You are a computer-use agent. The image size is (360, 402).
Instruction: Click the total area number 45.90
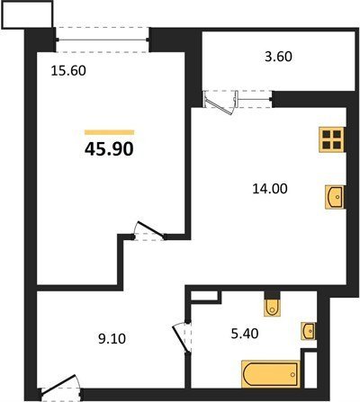109,149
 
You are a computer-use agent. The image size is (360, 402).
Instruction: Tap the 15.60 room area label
68,71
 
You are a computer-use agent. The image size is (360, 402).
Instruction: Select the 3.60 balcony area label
278,57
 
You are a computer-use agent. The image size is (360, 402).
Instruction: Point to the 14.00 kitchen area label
270,189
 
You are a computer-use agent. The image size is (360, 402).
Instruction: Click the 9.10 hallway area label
112,339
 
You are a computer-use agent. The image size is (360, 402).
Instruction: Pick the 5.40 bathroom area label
245,334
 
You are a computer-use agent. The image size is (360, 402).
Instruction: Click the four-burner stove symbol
332,139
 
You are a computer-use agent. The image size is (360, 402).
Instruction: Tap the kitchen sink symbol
335,197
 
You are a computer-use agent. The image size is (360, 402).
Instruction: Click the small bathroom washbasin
309,331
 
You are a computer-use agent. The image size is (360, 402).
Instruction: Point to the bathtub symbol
271,374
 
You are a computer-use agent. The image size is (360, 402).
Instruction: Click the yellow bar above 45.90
109,132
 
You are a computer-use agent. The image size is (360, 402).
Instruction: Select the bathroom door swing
182,338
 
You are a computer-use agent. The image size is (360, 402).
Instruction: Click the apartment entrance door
60,387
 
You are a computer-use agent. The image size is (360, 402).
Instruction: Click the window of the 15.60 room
102,40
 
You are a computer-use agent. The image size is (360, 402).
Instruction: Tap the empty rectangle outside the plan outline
27,14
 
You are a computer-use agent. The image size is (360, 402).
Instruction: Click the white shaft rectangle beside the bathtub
310,369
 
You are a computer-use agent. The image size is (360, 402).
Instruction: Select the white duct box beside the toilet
204,295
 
